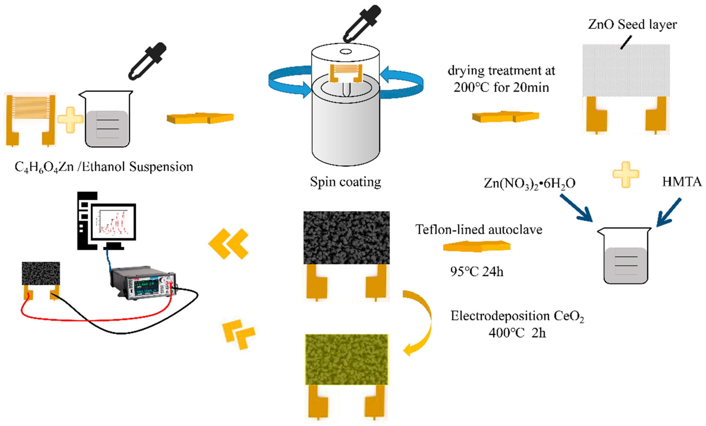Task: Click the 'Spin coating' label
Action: pyautogui.click(x=345, y=182)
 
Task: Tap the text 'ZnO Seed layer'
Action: pyautogui.click(x=632, y=24)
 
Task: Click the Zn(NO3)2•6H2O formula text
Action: pyautogui.click(x=530, y=183)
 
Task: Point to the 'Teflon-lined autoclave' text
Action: pyautogui.click(x=479, y=230)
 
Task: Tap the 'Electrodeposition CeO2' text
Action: pyautogui.click(x=517, y=316)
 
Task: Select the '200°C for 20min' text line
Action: pyautogui.click(x=501, y=87)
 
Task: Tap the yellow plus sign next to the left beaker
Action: pyautogui.click(x=70, y=120)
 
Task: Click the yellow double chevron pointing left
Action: pyautogui.click(x=228, y=244)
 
